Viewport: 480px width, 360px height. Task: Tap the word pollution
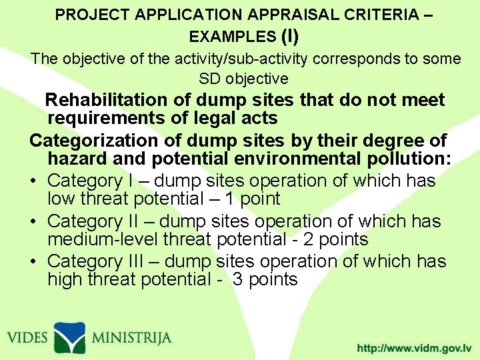pos(406,159)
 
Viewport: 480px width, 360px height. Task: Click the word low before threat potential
pos(63,199)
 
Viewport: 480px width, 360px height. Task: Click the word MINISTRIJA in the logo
pos(131,337)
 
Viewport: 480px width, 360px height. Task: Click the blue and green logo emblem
pos(69,337)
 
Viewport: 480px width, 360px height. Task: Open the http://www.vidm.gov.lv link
pos(414,348)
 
